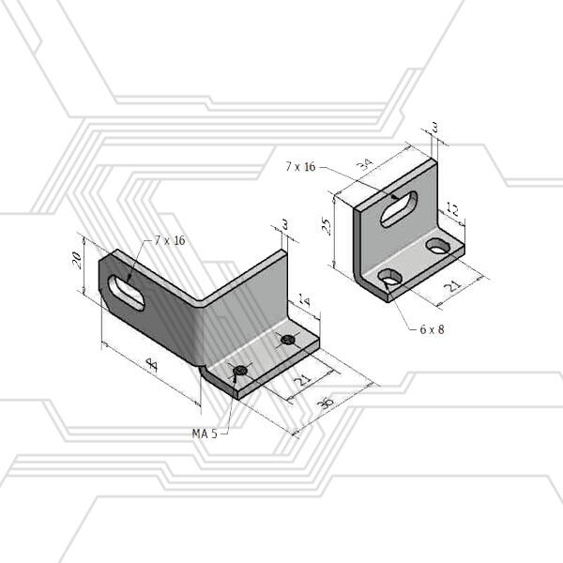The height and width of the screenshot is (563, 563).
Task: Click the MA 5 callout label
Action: (x=205, y=434)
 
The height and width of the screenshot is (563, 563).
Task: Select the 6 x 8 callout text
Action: (x=432, y=329)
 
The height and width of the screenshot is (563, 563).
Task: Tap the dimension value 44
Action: (x=152, y=366)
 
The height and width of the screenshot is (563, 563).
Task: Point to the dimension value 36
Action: (x=326, y=403)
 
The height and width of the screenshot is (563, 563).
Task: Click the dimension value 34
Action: (x=365, y=164)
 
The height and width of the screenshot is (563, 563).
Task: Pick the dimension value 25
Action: (x=327, y=226)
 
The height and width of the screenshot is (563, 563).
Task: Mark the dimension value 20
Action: (x=77, y=260)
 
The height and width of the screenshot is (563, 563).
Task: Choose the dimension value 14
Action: (x=304, y=300)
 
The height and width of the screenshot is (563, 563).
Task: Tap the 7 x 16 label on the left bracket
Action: (x=170, y=240)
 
